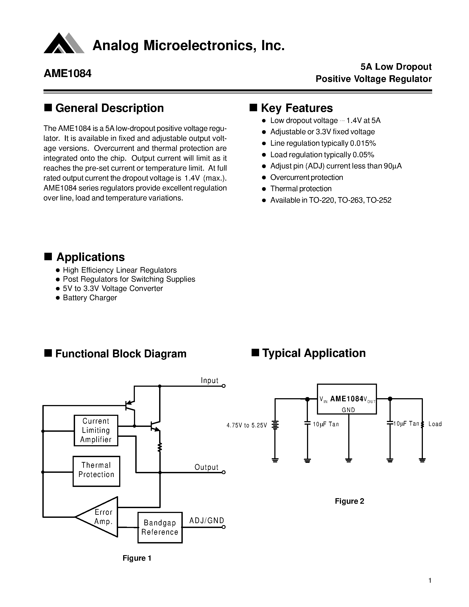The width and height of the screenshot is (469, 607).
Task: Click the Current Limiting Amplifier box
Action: [x=96, y=430]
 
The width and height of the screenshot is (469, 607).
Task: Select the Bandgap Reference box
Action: [x=160, y=527]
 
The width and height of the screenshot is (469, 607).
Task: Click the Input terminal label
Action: [x=209, y=381]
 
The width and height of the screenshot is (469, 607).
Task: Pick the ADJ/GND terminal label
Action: [x=206, y=520]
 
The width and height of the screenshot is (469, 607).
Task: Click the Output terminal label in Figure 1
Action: [x=206, y=467]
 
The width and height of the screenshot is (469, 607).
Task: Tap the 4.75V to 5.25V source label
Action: [x=247, y=425]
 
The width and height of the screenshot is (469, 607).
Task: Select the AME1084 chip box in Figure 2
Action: [x=347, y=399]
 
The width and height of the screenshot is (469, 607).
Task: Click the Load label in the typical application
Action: [x=435, y=424]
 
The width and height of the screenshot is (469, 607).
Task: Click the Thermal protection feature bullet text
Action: [x=301, y=189]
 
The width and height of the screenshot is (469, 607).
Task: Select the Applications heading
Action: [x=90, y=257]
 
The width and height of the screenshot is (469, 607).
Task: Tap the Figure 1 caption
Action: [x=137, y=558]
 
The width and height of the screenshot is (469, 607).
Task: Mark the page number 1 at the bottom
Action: [x=430, y=580]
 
